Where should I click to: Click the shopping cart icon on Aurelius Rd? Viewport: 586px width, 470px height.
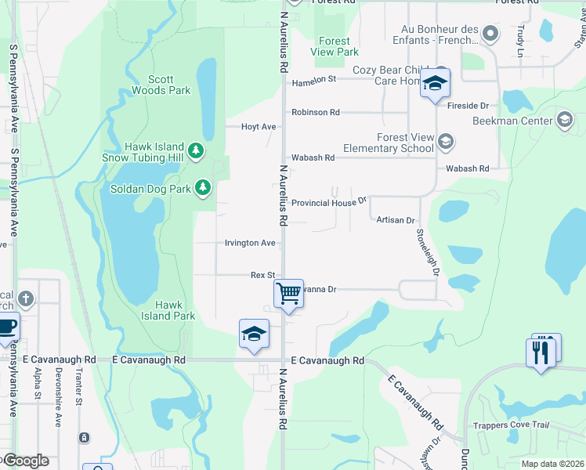click(288, 294)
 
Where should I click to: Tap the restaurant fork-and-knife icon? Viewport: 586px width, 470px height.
click(541, 352)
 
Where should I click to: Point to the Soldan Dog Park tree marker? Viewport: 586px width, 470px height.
click(203, 187)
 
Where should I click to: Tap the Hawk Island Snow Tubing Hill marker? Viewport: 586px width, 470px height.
click(195, 150)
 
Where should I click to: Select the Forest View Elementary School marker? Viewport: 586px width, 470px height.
click(446, 142)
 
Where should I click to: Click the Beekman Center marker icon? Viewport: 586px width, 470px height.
click(564, 120)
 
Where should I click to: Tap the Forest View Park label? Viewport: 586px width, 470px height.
click(335, 47)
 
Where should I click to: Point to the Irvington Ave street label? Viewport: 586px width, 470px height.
click(251, 243)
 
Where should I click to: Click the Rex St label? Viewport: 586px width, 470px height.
click(262, 275)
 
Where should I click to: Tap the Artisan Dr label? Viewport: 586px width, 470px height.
click(395, 221)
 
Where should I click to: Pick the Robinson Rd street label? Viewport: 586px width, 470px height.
click(315, 112)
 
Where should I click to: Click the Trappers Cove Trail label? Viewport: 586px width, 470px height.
click(513, 425)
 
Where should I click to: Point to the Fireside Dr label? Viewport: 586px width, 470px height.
click(473, 105)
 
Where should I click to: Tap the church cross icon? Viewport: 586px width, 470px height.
click(26, 298)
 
